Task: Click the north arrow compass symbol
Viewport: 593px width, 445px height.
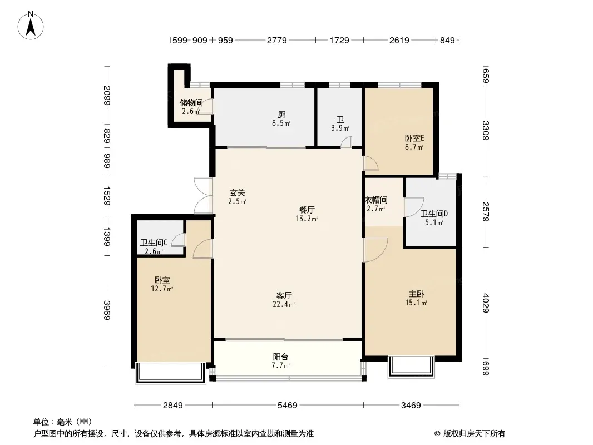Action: tap(31, 26)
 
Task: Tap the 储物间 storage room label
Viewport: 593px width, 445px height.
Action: tap(191, 102)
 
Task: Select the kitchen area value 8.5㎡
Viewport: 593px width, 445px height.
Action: tap(281, 123)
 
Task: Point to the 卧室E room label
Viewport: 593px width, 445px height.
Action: tap(414, 138)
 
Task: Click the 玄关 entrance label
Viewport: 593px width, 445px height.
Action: tap(238, 193)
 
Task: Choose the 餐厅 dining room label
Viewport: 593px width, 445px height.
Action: tap(307, 210)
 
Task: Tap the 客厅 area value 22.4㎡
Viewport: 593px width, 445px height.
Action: tap(284, 304)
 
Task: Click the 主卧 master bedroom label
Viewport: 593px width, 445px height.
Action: tap(416, 294)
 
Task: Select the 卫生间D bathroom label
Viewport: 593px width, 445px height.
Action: tap(434, 214)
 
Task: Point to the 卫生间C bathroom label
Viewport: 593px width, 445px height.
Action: tap(154, 243)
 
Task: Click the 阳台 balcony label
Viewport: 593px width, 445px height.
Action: tap(280, 357)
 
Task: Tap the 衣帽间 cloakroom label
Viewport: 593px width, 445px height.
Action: tap(376, 200)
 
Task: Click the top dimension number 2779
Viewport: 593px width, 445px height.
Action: tap(277, 40)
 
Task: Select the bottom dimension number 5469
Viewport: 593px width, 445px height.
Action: tap(288, 406)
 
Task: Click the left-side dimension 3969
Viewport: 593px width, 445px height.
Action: tap(107, 310)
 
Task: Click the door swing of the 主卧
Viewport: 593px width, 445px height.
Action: tap(375, 250)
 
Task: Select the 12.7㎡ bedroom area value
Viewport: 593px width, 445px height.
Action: tap(162, 289)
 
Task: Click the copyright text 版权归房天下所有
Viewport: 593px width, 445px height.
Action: tap(474, 434)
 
